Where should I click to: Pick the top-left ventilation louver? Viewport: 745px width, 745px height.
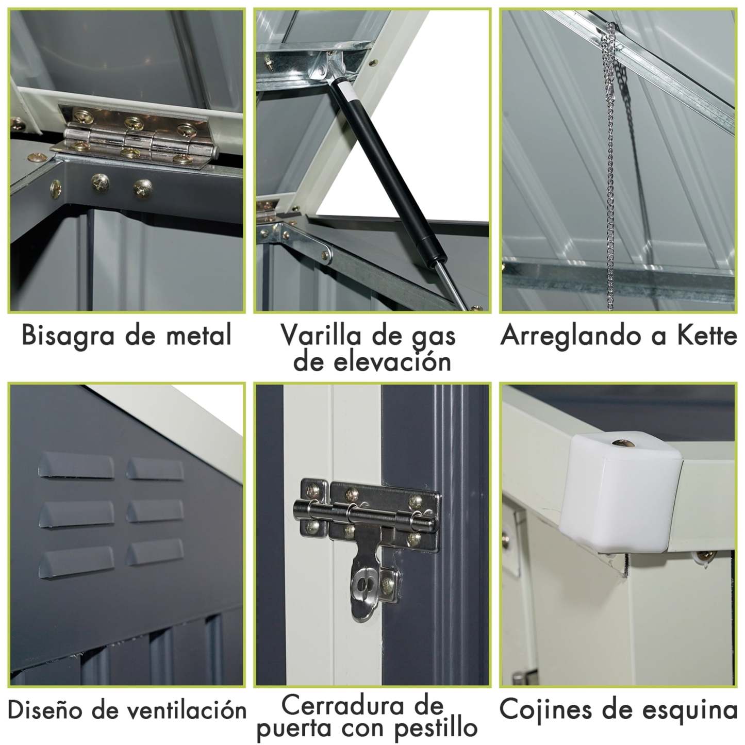76,466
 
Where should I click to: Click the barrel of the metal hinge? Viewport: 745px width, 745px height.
139,139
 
